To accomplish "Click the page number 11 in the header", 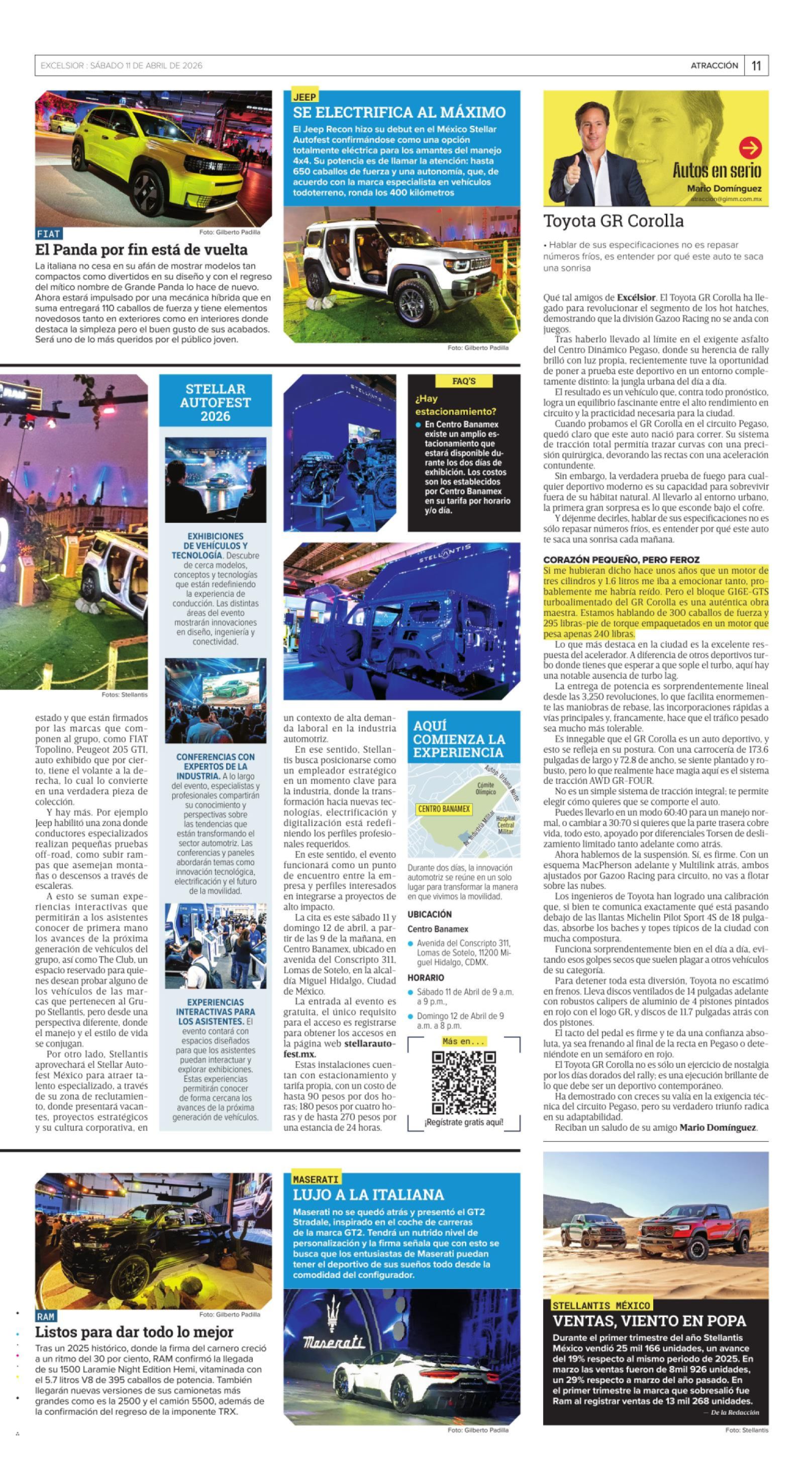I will [756, 66].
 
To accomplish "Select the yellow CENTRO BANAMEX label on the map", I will [444, 809].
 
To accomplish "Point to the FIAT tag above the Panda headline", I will [48, 234].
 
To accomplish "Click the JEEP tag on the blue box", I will [304, 97].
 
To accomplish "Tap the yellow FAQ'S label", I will [464, 381].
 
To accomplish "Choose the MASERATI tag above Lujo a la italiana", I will [316, 1179].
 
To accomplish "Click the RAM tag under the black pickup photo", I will [45, 1317].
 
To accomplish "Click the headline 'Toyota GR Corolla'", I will [613, 221].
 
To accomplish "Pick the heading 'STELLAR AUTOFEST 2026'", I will [215, 402].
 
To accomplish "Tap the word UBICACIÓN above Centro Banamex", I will [429, 914].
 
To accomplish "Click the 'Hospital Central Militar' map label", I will [506, 824].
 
